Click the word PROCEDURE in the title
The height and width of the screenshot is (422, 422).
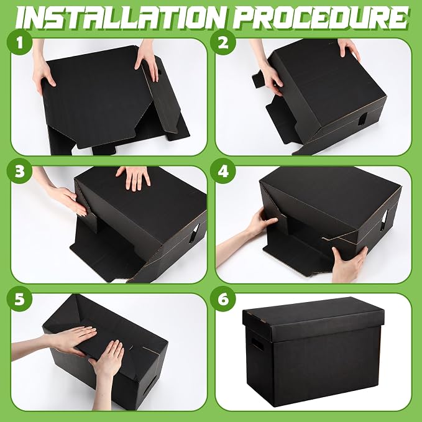point(321,18)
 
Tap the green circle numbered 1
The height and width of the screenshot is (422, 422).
point(20,42)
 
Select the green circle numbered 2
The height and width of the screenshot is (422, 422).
point(223,42)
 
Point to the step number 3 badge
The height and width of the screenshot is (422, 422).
point(20,171)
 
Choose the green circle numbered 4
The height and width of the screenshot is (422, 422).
point(223,171)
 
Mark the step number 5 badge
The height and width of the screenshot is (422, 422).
point(20,299)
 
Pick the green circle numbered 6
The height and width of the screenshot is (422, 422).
point(223,299)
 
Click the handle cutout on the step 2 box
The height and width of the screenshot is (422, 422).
point(362,119)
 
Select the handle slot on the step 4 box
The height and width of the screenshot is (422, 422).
point(383,221)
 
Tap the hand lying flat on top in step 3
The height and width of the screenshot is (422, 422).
point(134,177)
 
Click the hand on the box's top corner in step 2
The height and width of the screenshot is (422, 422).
point(349,48)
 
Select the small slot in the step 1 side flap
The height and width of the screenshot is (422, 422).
point(159,72)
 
